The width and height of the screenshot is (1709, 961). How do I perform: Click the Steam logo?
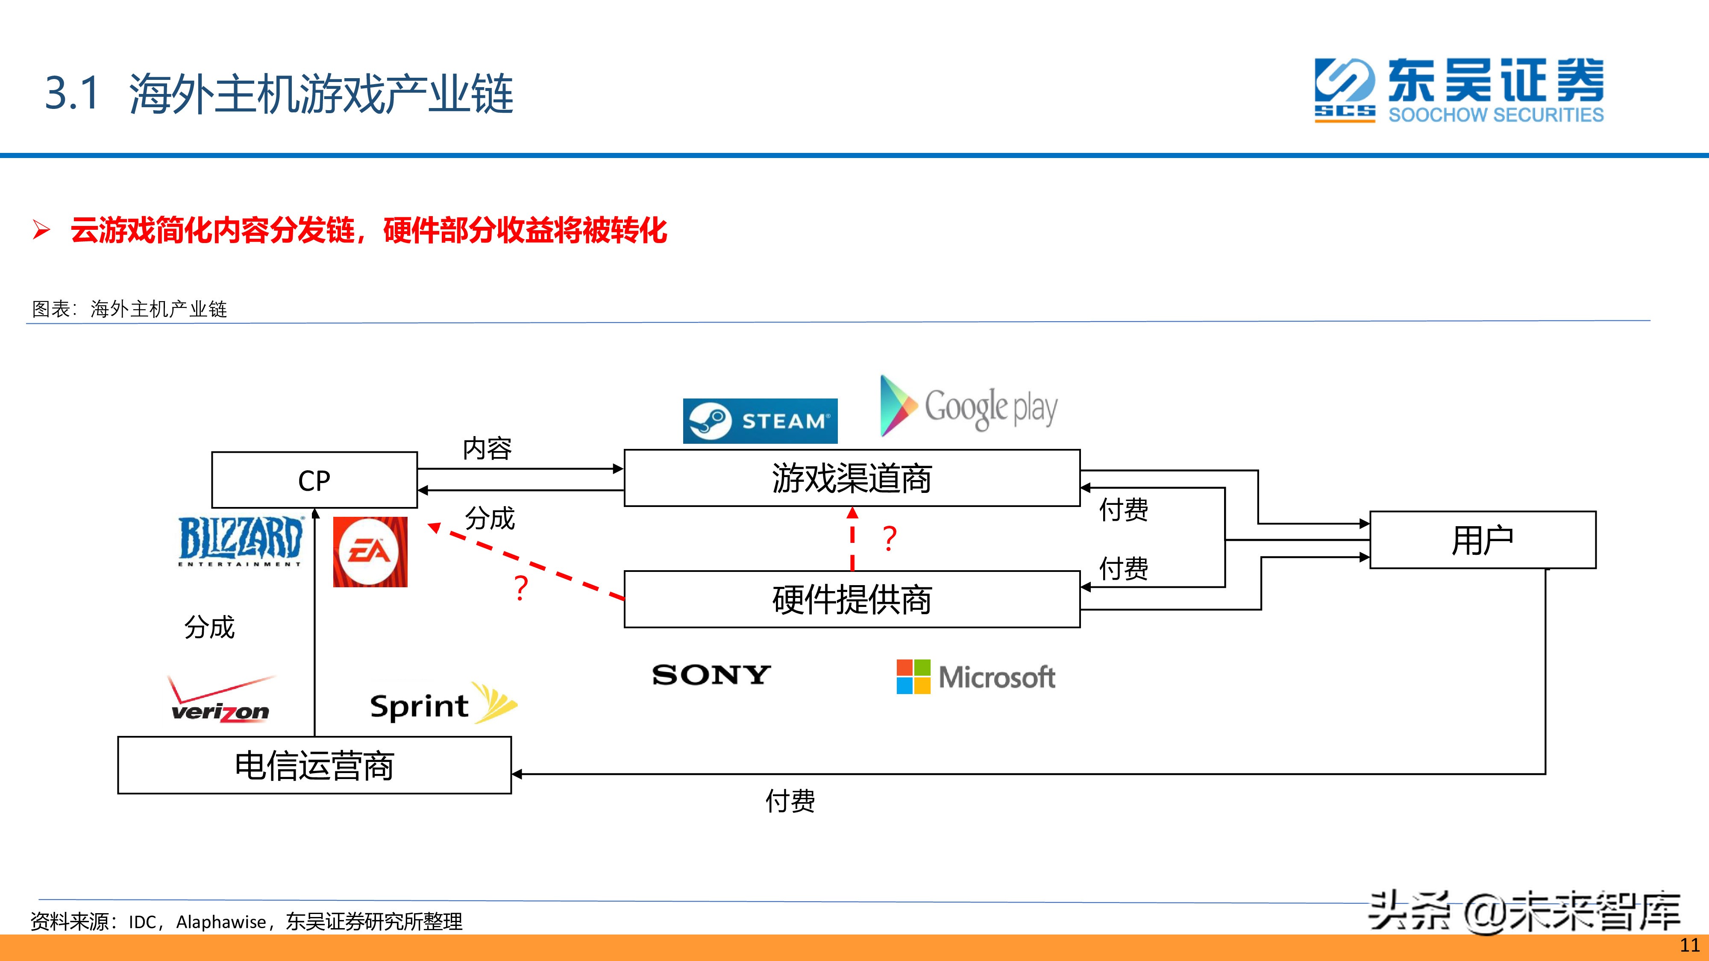coord(761,420)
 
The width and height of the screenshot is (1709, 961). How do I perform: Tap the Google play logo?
coord(969,406)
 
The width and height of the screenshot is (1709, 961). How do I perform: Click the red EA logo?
coord(370,552)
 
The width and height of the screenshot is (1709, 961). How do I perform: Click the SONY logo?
coord(711,675)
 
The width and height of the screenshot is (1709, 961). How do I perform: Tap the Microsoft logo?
coord(975,677)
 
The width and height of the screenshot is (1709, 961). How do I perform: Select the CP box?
coord(314,480)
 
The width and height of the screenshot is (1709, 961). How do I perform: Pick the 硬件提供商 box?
coord(852,599)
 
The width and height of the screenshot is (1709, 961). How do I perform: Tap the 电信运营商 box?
coord(314,765)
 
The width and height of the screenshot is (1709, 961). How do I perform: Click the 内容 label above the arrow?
coord(487,448)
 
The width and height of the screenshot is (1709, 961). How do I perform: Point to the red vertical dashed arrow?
coord(852,539)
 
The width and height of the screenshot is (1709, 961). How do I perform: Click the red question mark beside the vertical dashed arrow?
coord(890,539)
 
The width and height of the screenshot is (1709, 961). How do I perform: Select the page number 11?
coord(1689,946)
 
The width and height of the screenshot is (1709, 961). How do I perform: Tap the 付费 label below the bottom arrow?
coord(790,801)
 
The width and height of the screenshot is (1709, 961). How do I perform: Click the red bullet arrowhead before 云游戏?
coord(41,230)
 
